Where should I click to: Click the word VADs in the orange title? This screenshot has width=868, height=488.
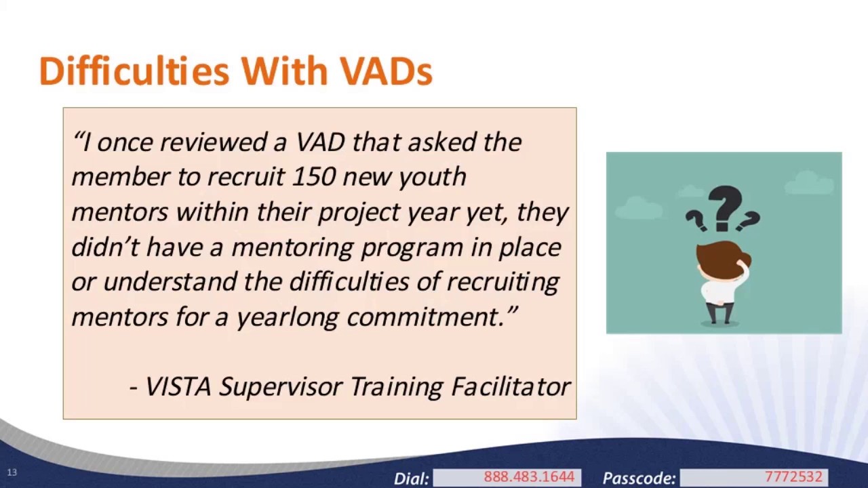click(386, 71)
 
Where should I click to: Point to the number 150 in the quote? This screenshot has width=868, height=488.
click(313, 177)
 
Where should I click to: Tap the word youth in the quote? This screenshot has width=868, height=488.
click(432, 178)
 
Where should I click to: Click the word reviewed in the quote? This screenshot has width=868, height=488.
click(214, 142)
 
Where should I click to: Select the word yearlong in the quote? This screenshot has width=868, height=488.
click(287, 317)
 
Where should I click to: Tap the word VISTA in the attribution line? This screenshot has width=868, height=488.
click(178, 386)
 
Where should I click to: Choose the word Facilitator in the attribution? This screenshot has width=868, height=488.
click(511, 386)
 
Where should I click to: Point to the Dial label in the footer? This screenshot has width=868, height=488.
click(411, 478)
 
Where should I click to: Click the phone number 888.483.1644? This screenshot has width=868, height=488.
click(528, 477)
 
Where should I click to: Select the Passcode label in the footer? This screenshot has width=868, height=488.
click(639, 478)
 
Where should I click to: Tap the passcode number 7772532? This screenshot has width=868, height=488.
click(793, 477)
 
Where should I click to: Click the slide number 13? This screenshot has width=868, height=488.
click(12, 472)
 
